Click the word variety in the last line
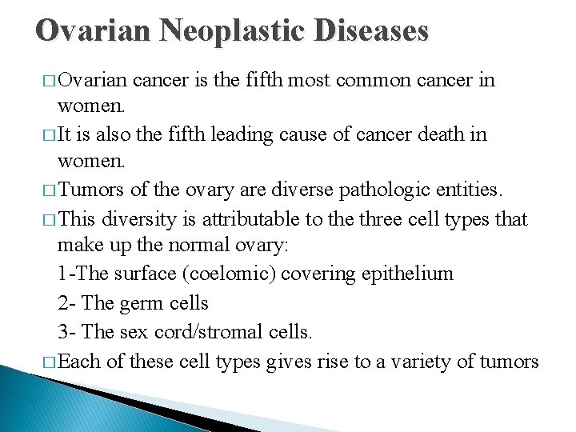[x=422, y=362]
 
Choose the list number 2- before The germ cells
[x=67, y=303]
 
